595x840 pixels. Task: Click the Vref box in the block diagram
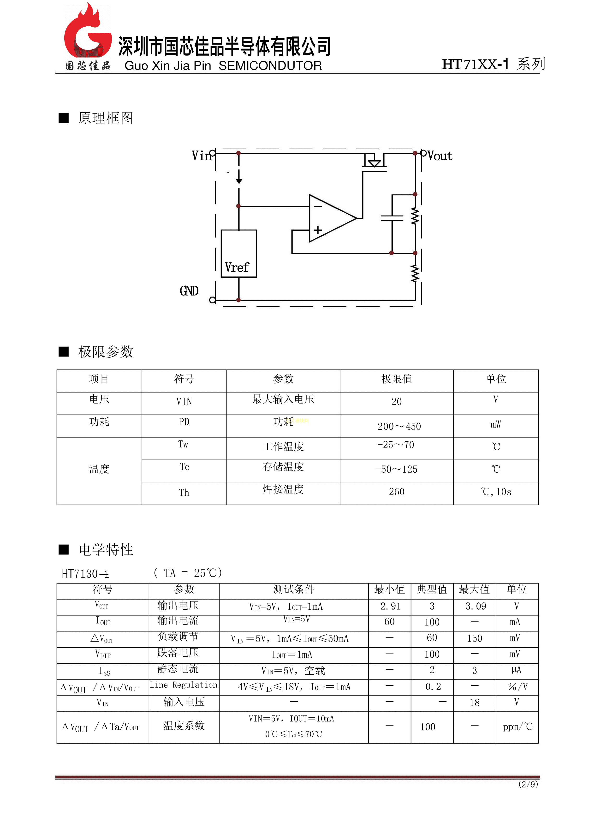(238, 253)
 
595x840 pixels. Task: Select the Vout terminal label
(440, 156)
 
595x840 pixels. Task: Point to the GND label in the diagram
(189, 291)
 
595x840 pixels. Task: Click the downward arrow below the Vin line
(239, 180)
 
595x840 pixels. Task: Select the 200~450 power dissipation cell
(399, 426)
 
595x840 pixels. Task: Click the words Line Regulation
(184, 685)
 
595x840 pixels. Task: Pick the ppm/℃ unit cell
(517, 727)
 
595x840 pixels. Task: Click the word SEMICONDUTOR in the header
(270, 65)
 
